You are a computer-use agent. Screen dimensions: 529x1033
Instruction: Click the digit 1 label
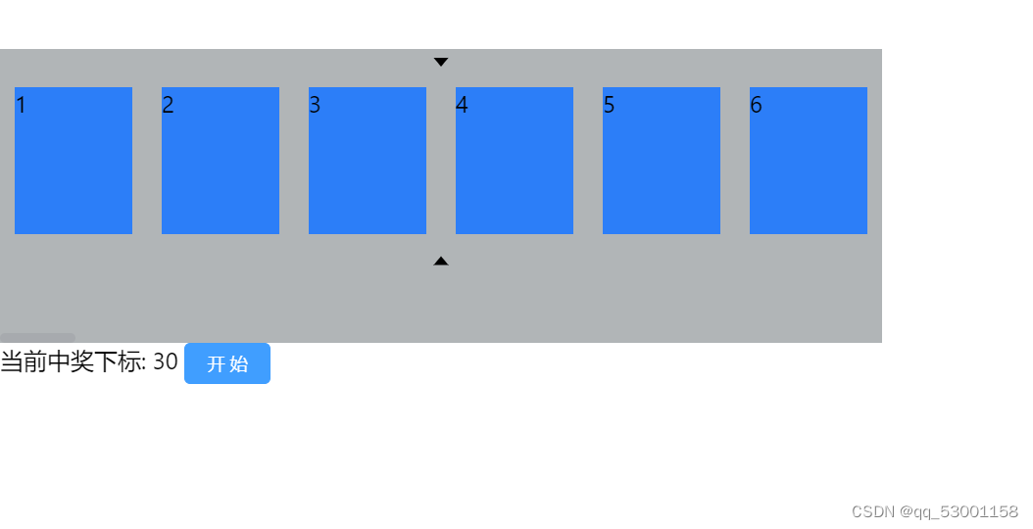[21, 106]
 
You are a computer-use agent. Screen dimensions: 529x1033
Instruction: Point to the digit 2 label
[168, 106]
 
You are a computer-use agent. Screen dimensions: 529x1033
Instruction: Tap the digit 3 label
[315, 106]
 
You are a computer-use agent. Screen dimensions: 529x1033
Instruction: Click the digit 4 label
[462, 106]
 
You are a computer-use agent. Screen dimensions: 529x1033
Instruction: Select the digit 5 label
[609, 106]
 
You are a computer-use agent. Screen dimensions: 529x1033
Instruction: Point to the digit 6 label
[756, 106]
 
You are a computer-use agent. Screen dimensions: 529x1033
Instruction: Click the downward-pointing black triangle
[441, 62]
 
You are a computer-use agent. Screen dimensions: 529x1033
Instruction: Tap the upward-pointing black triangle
[441, 262]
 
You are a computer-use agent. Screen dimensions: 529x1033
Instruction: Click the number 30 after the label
[166, 362]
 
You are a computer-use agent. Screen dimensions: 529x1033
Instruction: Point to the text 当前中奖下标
[72, 362]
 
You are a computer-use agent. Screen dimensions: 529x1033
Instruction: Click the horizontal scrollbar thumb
[37, 338]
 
